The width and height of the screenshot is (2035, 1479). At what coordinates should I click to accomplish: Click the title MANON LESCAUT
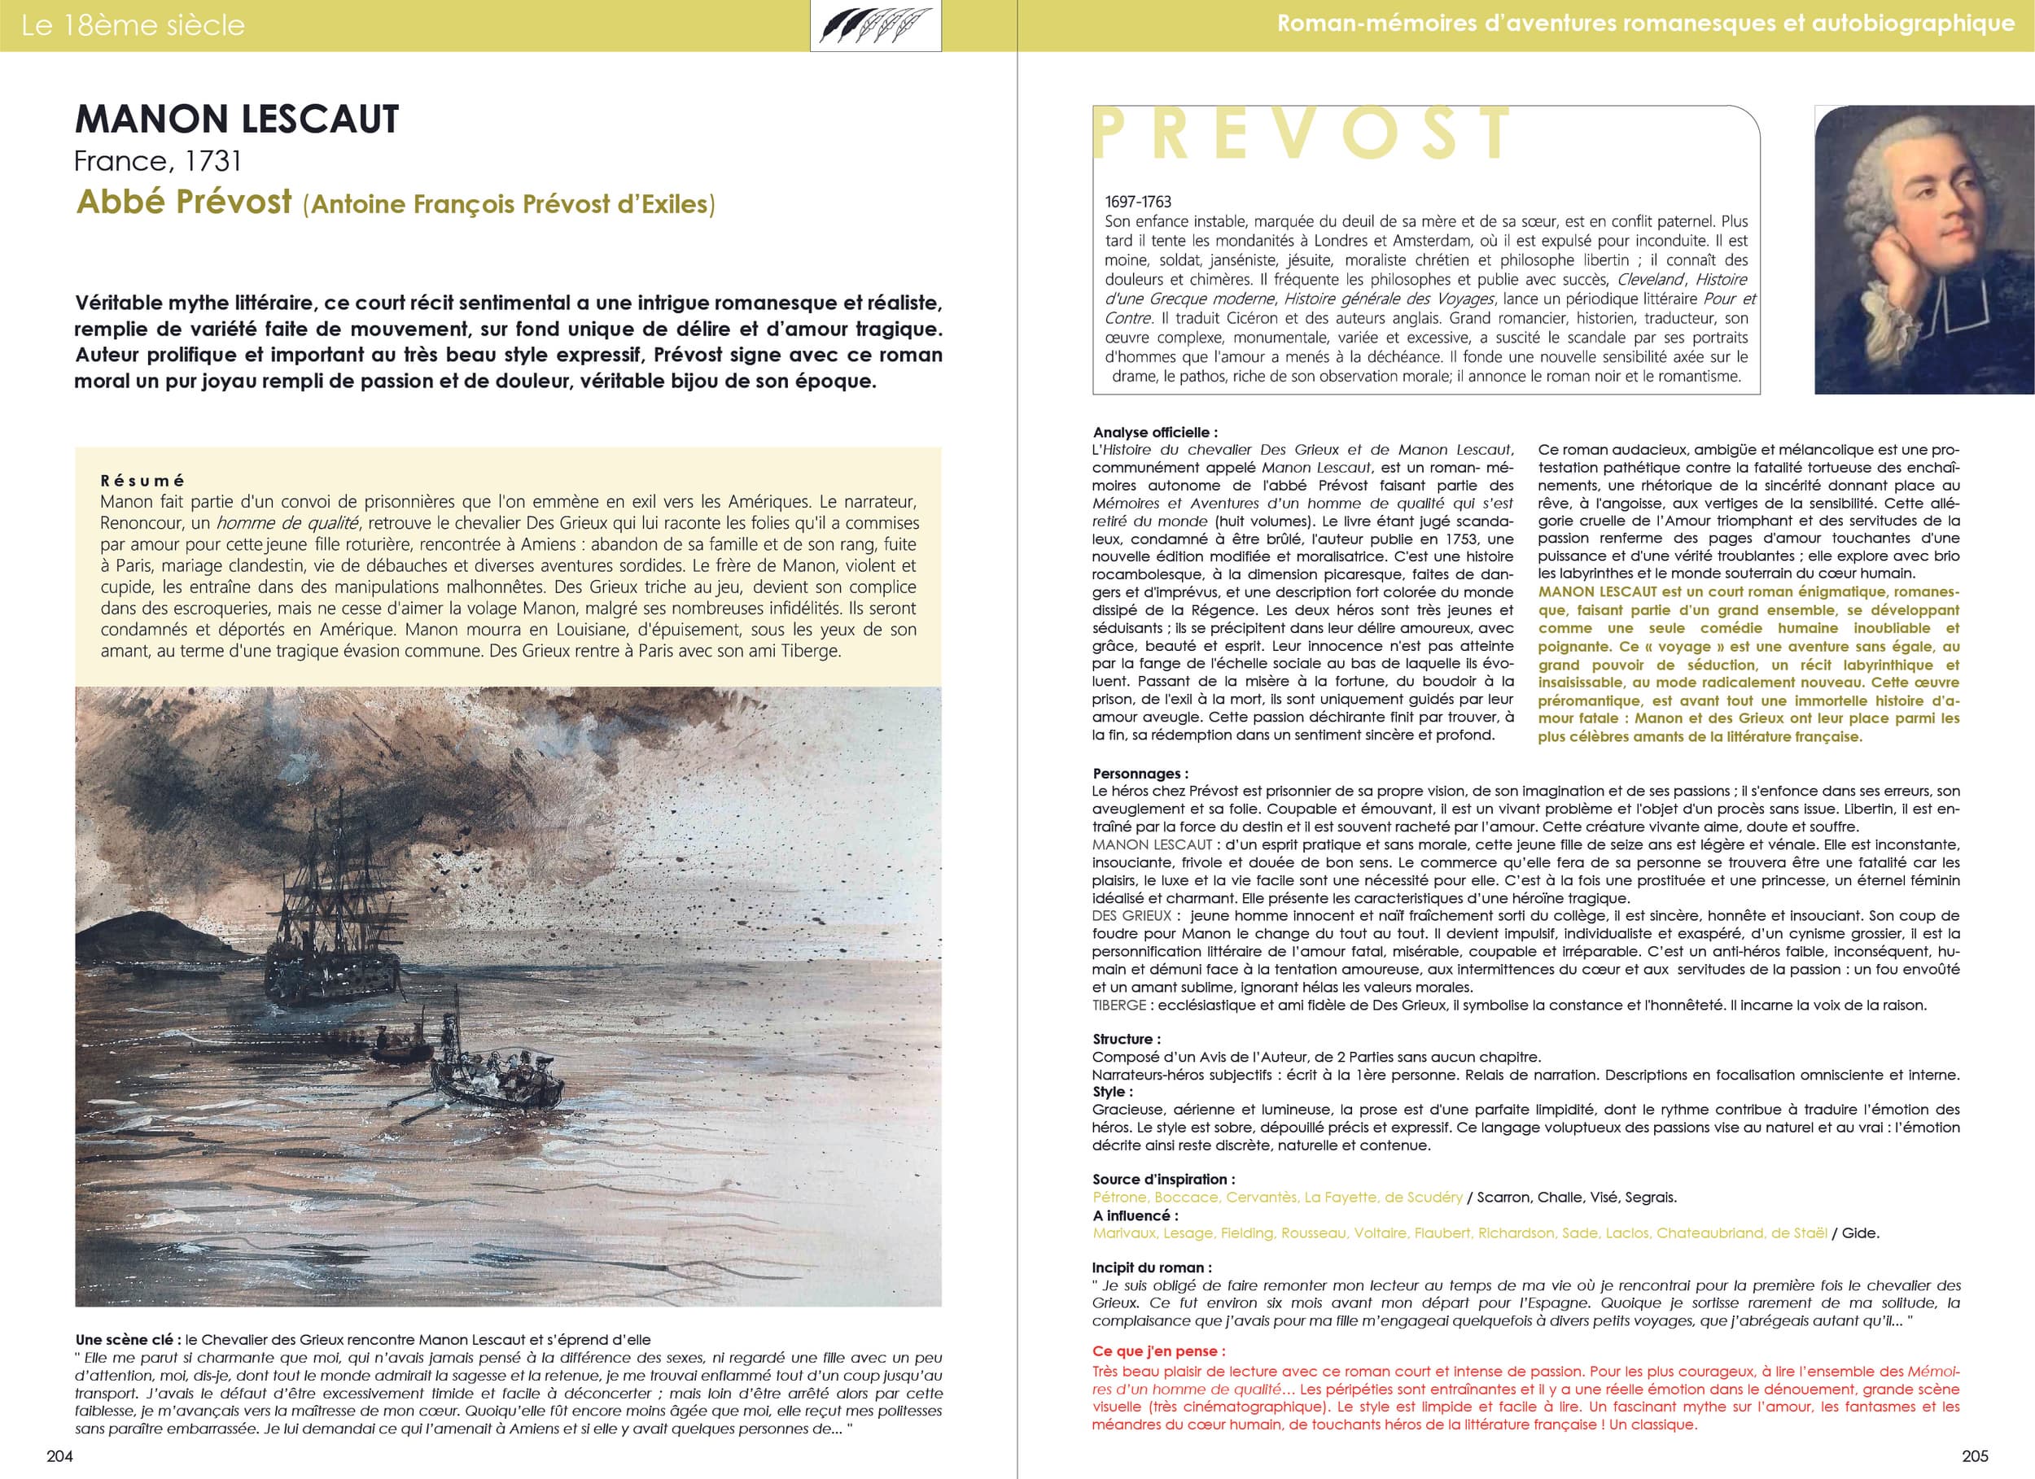(x=237, y=120)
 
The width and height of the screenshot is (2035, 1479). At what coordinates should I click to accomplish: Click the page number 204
(x=59, y=1455)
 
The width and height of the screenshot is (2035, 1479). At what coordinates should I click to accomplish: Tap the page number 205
(x=1975, y=1455)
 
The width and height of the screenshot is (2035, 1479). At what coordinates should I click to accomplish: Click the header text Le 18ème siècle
(x=133, y=25)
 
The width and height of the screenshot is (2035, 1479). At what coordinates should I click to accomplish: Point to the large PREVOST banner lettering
(x=1301, y=134)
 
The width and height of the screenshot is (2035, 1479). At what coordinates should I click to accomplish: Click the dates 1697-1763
(x=1138, y=202)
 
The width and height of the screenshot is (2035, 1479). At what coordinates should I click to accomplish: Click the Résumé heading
(x=142, y=481)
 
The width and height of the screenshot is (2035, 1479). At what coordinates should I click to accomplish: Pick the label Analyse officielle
(x=1155, y=432)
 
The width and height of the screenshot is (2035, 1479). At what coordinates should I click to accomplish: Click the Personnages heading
(x=1140, y=773)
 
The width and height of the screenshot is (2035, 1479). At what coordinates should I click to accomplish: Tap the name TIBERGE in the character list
(x=1119, y=1006)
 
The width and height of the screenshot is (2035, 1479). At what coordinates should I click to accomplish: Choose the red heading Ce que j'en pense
(x=1158, y=1350)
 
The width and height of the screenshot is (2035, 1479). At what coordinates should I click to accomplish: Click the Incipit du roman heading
(x=1151, y=1267)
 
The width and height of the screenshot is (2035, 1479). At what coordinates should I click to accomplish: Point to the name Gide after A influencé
(x=1860, y=1233)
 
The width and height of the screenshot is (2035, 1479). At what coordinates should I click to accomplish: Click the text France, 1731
(x=158, y=161)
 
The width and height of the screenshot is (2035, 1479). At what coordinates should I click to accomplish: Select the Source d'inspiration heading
(x=1163, y=1180)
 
